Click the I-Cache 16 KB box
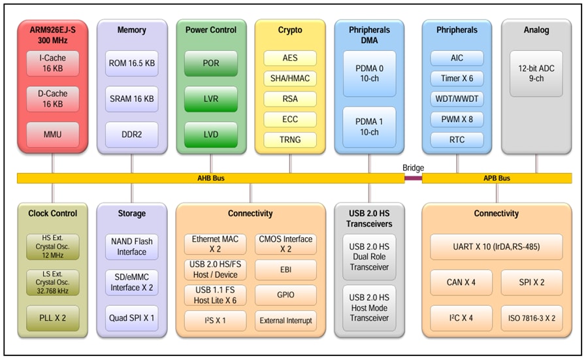[x=53, y=63]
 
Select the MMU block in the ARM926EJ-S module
[x=53, y=134]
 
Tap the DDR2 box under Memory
[x=131, y=134]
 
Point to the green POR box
[x=210, y=63]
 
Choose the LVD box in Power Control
[x=210, y=134]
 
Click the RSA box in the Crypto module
[x=290, y=99]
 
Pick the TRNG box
[x=290, y=139]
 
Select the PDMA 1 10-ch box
[x=369, y=126]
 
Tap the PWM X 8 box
[x=457, y=119]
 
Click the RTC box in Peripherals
[x=457, y=139]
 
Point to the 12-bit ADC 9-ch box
[x=536, y=73]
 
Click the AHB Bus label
[x=210, y=178]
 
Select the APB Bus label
[x=497, y=178]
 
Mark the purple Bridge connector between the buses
[x=413, y=178]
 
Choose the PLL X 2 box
[x=53, y=318]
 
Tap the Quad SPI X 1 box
[x=131, y=318]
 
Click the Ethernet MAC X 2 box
[x=215, y=244]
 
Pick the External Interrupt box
[x=286, y=321]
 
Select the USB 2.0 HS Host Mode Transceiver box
[x=369, y=308]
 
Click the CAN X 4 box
[x=461, y=282]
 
